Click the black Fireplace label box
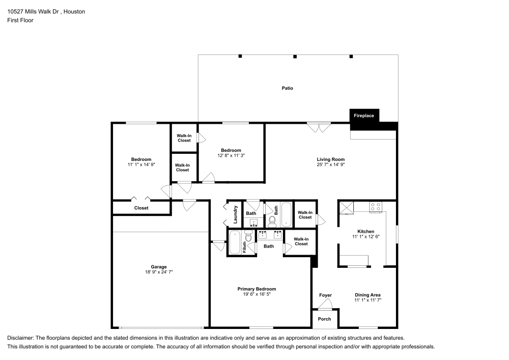[364, 116]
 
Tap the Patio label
[288, 88]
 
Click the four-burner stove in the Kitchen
[376, 207]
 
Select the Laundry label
[236, 214]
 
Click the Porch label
[324, 319]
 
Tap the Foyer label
[325, 295]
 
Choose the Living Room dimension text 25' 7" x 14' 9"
[331, 164]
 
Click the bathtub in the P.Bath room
[235, 242]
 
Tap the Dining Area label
[367, 295]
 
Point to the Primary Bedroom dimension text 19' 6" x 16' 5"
[257, 295]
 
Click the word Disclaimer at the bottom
[20, 338]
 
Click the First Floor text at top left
[20, 20]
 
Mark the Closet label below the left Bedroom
[141, 208]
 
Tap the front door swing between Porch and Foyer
[325, 304]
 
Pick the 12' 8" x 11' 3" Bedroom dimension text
[231, 155]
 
